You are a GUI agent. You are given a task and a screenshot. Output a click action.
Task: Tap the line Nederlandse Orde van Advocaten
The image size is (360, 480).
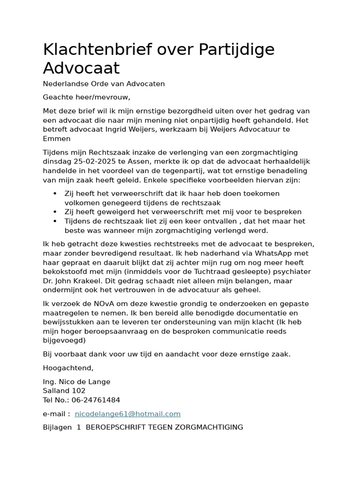(x=104, y=84)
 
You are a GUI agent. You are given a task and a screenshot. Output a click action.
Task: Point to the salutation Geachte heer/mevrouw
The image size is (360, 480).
(x=86, y=97)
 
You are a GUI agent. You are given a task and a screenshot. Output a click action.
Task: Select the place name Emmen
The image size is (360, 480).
(x=57, y=139)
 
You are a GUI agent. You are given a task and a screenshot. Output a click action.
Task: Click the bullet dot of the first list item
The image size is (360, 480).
(x=55, y=194)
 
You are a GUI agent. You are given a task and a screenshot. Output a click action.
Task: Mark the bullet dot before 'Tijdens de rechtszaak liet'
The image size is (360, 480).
(x=55, y=221)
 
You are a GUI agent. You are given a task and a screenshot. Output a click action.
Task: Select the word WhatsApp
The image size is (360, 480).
(x=270, y=253)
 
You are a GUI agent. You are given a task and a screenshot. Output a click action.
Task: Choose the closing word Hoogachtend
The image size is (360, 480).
(x=67, y=368)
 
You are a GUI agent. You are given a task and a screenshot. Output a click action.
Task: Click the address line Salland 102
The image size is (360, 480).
(x=64, y=391)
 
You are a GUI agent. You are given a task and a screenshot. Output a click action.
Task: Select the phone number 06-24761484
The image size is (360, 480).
(x=96, y=400)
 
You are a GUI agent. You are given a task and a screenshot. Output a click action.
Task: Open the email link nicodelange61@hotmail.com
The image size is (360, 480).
(x=127, y=414)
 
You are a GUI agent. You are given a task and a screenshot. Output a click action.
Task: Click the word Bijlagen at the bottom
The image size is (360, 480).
(x=57, y=427)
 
